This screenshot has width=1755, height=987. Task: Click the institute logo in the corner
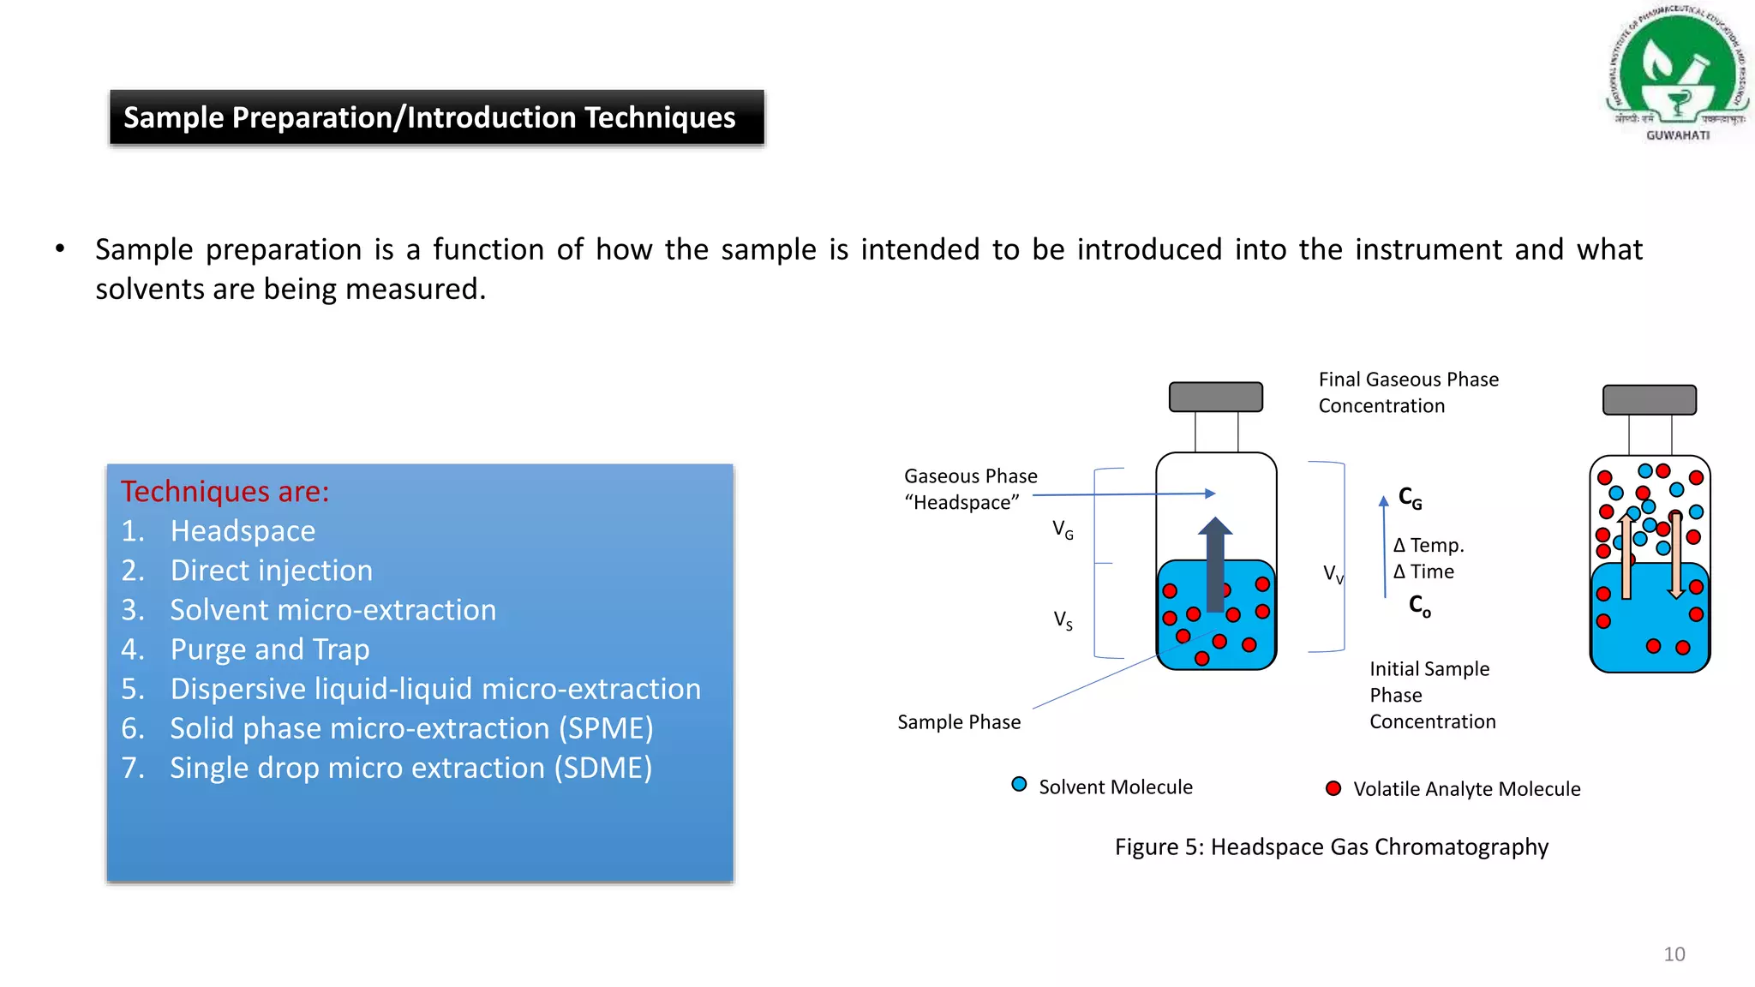tap(1677, 73)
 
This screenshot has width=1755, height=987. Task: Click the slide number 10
tap(1674, 954)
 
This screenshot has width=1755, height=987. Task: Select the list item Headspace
tap(243, 531)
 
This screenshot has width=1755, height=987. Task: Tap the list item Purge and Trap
tap(270, 649)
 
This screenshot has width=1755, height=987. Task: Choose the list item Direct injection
tap(272, 571)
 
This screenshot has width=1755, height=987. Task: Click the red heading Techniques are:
tap(225, 492)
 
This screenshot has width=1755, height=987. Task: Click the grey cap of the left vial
tap(1215, 397)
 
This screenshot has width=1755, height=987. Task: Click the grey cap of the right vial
tap(1649, 400)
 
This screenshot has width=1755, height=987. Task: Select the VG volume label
tap(1063, 530)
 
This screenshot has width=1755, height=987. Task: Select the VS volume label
tap(1063, 620)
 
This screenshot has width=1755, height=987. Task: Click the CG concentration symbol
tap(1410, 498)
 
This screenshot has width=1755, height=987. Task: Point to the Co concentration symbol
tap(1419, 607)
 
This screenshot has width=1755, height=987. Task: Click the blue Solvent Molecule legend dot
tap(1019, 784)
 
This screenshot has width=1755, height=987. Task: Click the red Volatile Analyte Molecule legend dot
tap(1333, 788)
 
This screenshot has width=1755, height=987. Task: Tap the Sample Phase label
tap(958, 722)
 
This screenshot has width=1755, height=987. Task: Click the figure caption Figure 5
tap(1331, 847)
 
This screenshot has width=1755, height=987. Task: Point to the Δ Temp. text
tap(1429, 546)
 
